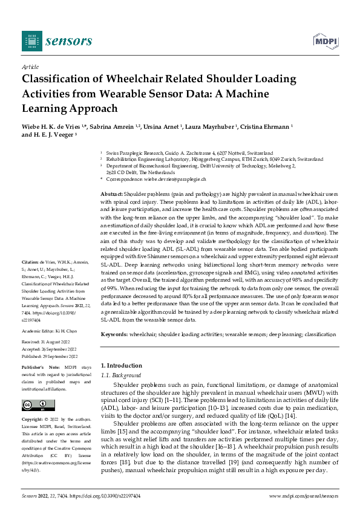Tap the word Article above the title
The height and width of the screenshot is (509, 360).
30,67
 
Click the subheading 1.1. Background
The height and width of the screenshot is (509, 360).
120,375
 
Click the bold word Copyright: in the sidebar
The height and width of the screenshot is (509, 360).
34,419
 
